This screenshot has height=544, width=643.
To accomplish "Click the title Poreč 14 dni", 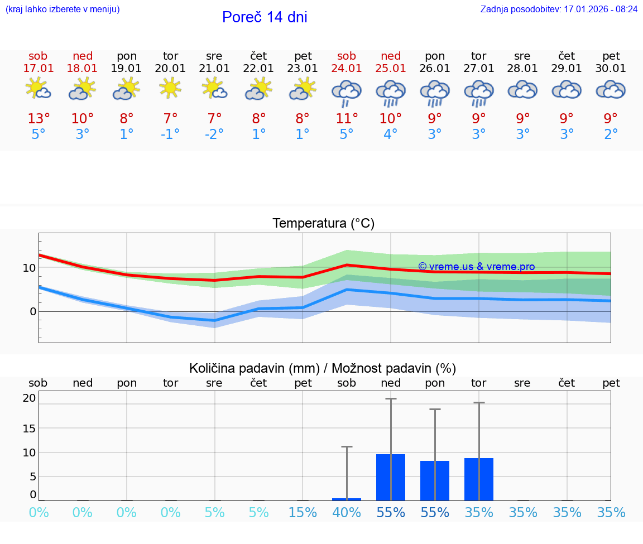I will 265,17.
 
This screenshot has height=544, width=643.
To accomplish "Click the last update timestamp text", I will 559,9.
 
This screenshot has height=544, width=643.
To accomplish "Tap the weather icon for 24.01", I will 347,92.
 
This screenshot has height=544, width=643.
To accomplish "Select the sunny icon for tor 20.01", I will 170,88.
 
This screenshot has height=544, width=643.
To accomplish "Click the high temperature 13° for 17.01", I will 39,119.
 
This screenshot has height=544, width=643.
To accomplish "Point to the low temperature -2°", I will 214,134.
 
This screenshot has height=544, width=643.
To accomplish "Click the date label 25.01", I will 391,69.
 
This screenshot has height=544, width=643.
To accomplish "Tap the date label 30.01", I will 611,69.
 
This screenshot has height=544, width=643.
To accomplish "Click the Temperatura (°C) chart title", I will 323,224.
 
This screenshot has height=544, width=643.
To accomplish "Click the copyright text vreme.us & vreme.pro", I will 476,267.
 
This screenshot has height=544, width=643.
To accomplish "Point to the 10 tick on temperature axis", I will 29,268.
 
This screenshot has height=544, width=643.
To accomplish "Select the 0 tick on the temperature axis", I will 32,311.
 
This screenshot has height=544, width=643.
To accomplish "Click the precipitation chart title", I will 323,368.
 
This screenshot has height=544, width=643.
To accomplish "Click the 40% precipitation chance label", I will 347,513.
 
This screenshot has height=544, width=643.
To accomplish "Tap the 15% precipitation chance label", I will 303,513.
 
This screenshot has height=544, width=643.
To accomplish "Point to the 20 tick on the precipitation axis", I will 29,398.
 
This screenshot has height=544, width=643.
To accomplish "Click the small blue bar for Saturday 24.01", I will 347,499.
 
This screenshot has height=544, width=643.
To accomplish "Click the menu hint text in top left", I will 63,9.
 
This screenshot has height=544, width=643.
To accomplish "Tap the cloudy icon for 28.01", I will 522,90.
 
